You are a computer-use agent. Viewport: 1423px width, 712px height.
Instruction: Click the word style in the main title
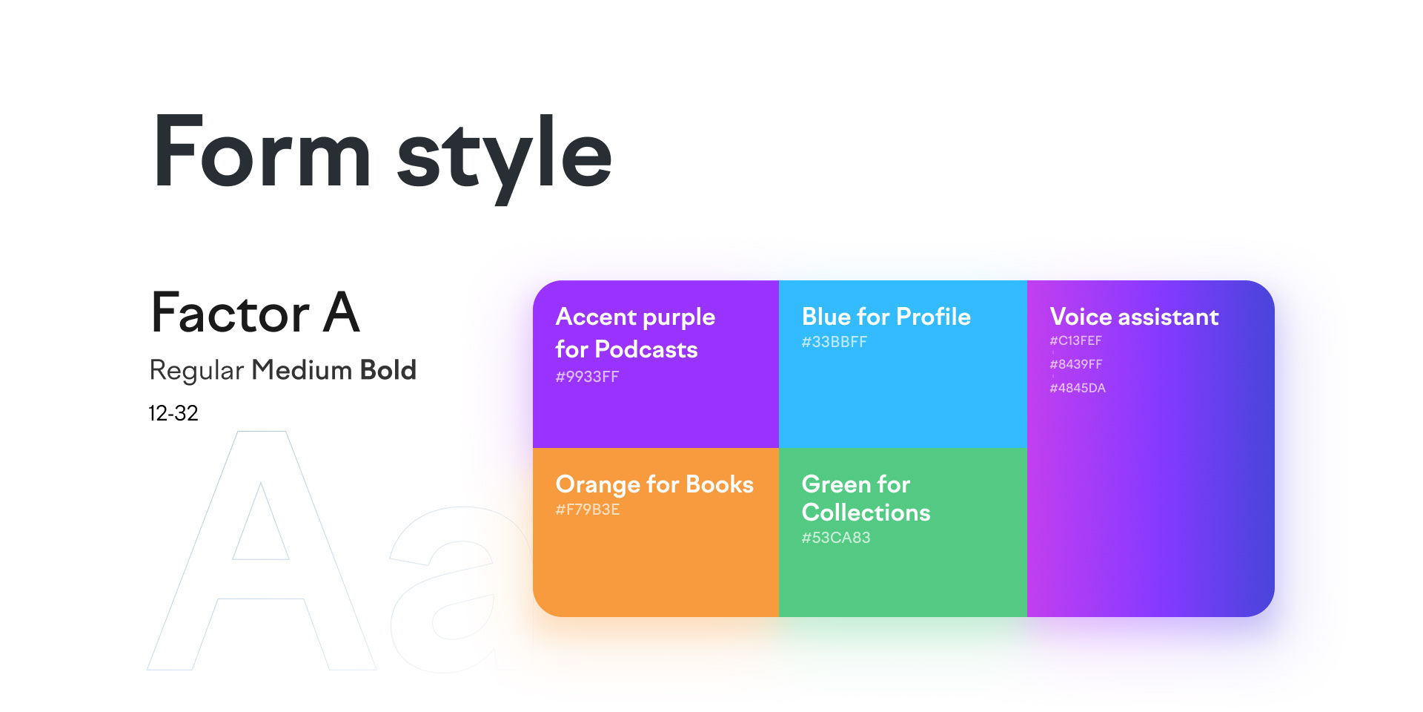click(x=505, y=159)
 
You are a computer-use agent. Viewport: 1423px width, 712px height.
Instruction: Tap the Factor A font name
click(x=256, y=312)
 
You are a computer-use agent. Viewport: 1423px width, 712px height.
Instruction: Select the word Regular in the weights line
click(x=196, y=371)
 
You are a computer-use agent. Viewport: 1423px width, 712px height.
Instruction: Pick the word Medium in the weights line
click(x=302, y=369)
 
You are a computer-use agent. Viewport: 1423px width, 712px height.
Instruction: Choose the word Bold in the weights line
click(x=388, y=369)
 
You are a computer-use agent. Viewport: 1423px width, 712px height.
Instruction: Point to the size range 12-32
click(x=173, y=413)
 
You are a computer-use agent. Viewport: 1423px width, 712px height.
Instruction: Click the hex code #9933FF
click(x=587, y=377)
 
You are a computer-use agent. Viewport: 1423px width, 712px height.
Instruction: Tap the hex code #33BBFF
click(x=834, y=342)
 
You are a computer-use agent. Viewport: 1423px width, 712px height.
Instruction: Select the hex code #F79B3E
click(x=588, y=510)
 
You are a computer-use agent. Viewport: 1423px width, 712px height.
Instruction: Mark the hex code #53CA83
click(x=836, y=538)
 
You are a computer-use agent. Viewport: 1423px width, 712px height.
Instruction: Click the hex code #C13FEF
click(x=1075, y=341)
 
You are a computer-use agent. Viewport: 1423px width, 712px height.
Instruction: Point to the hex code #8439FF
click(x=1076, y=364)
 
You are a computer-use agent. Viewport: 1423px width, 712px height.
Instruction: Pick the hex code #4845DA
click(x=1078, y=388)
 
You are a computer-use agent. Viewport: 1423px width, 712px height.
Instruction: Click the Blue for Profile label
click(x=886, y=317)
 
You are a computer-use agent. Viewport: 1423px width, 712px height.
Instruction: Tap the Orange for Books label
click(x=654, y=484)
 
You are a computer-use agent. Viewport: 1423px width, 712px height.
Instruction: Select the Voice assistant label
click(x=1134, y=317)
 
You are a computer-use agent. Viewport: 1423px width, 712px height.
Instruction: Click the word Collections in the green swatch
click(x=866, y=512)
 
